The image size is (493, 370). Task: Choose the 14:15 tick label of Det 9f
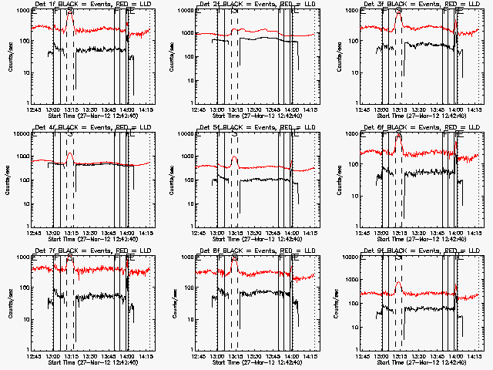(x=475, y=358)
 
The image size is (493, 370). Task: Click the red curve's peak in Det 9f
(x=398, y=283)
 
